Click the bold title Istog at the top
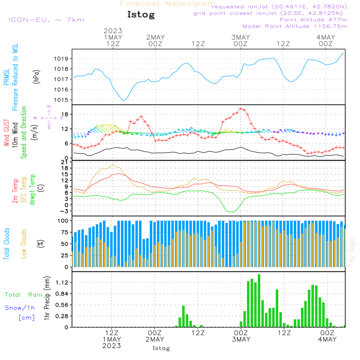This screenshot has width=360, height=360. click(141, 15)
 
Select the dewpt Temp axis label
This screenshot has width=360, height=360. click(32, 190)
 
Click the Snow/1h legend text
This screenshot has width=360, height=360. click(20, 308)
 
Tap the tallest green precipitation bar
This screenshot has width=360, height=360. click(259, 301)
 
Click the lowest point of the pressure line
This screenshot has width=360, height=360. click(123, 100)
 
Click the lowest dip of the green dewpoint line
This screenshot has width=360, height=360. click(231, 212)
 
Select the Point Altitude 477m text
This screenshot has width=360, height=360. click(313, 20)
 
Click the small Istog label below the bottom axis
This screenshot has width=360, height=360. click(161, 348)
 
